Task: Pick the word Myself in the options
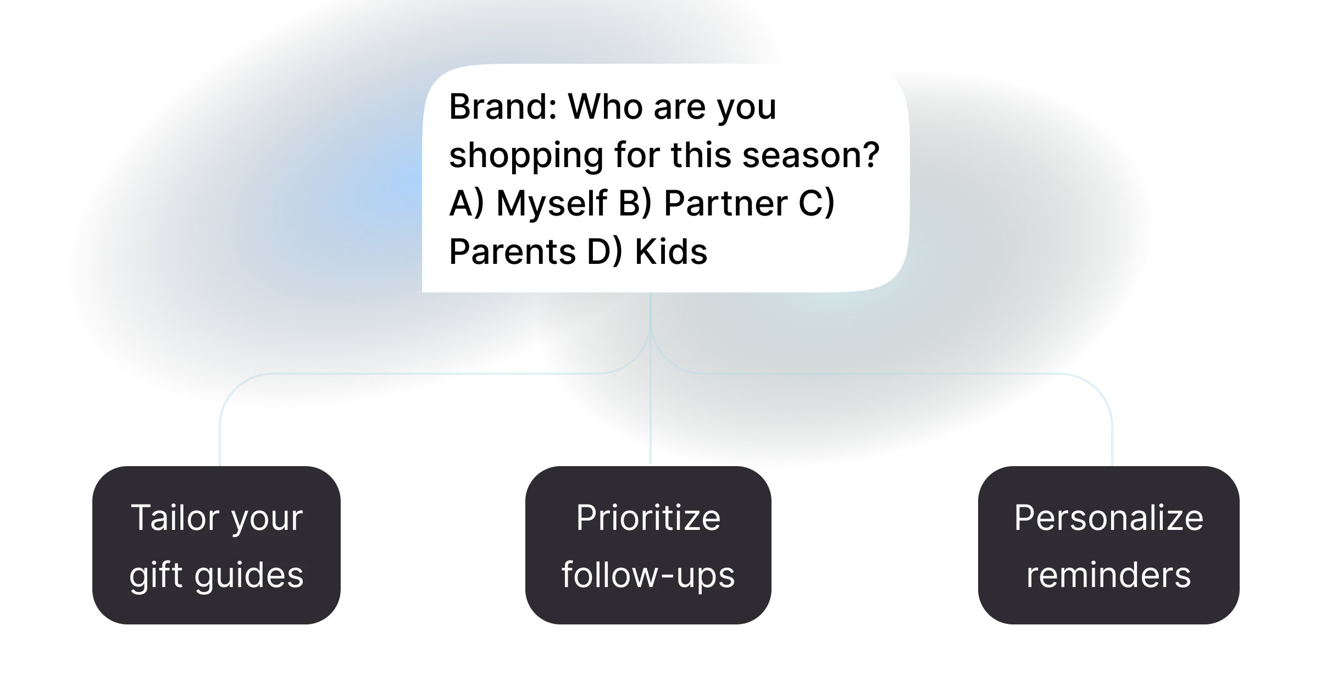coord(552,203)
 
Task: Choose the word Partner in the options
coord(726,203)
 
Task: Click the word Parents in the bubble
coord(512,252)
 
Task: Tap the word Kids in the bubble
coord(671,252)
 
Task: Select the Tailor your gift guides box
coord(217,545)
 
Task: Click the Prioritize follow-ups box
coord(648,545)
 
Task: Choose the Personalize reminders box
coord(1108,545)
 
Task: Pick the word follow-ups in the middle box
coord(648,576)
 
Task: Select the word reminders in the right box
coord(1108,576)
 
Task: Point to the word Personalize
coord(1108,518)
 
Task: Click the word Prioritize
coord(648,518)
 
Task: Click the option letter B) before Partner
coord(635,203)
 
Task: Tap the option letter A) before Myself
coord(467,203)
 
